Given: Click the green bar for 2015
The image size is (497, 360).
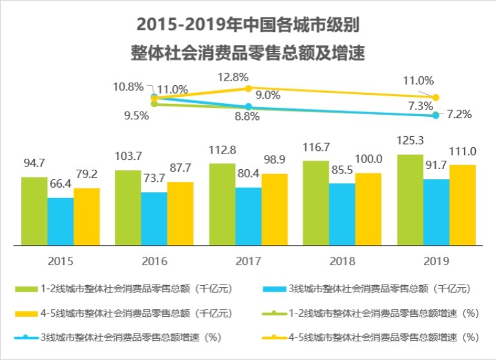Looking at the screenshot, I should pyautogui.click(x=34, y=211).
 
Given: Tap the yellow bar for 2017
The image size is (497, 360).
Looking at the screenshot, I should pyautogui.click(x=274, y=209).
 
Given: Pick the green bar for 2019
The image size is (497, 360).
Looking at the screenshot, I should pyautogui.click(x=410, y=200).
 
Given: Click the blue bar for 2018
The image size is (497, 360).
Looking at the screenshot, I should pyautogui.click(x=342, y=214).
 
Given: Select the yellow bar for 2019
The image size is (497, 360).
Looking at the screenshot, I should pyautogui.click(x=462, y=205).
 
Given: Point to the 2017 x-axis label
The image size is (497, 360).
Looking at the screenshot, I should pyautogui.click(x=248, y=261).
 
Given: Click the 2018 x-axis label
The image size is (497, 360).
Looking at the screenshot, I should pyautogui.click(x=342, y=261).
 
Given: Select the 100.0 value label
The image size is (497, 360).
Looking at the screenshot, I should pyautogui.click(x=369, y=159).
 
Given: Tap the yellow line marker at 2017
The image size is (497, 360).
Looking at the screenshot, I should pyautogui.click(x=248, y=88).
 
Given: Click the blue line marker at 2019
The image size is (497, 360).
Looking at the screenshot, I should pyautogui.click(x=436, y=115).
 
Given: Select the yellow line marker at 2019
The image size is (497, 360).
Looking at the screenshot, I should pyautogui.click(x=436, y=97).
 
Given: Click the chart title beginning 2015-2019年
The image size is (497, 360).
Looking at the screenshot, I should pyautogui.click(x=248, y=26).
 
